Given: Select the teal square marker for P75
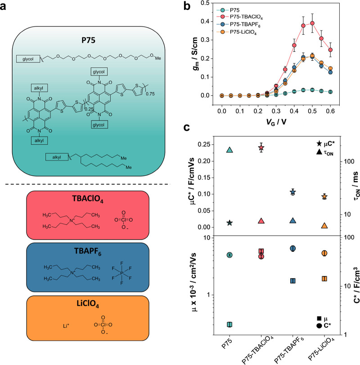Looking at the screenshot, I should [229, 325].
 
